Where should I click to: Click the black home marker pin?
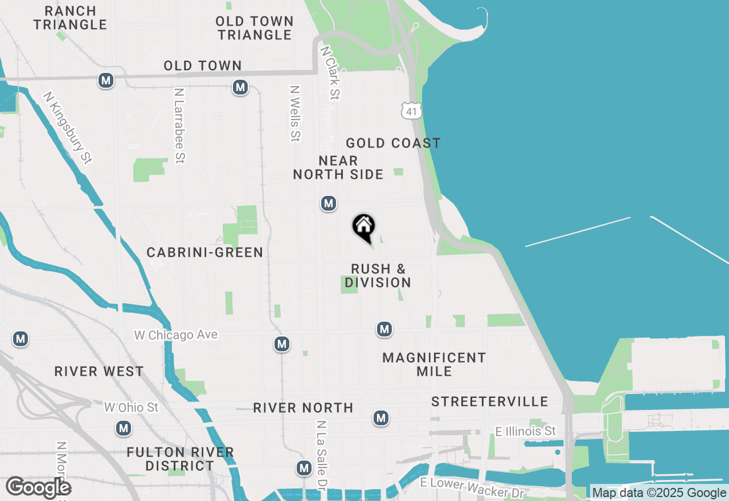363,227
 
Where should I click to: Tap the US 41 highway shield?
411,111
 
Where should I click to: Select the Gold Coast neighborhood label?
393,143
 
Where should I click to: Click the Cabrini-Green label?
205,252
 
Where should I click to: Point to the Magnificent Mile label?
434,364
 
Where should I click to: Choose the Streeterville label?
489,401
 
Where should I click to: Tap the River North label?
303,408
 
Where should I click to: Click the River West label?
99,372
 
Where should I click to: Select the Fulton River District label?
180,459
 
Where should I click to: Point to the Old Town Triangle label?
255,28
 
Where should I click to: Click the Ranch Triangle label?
70,18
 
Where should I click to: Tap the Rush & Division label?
378,276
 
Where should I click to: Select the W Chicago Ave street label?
176,335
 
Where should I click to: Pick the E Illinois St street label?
526,431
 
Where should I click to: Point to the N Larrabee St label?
180,125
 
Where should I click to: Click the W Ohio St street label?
132,407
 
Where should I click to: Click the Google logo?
38,487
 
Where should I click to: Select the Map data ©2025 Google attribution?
659,493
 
